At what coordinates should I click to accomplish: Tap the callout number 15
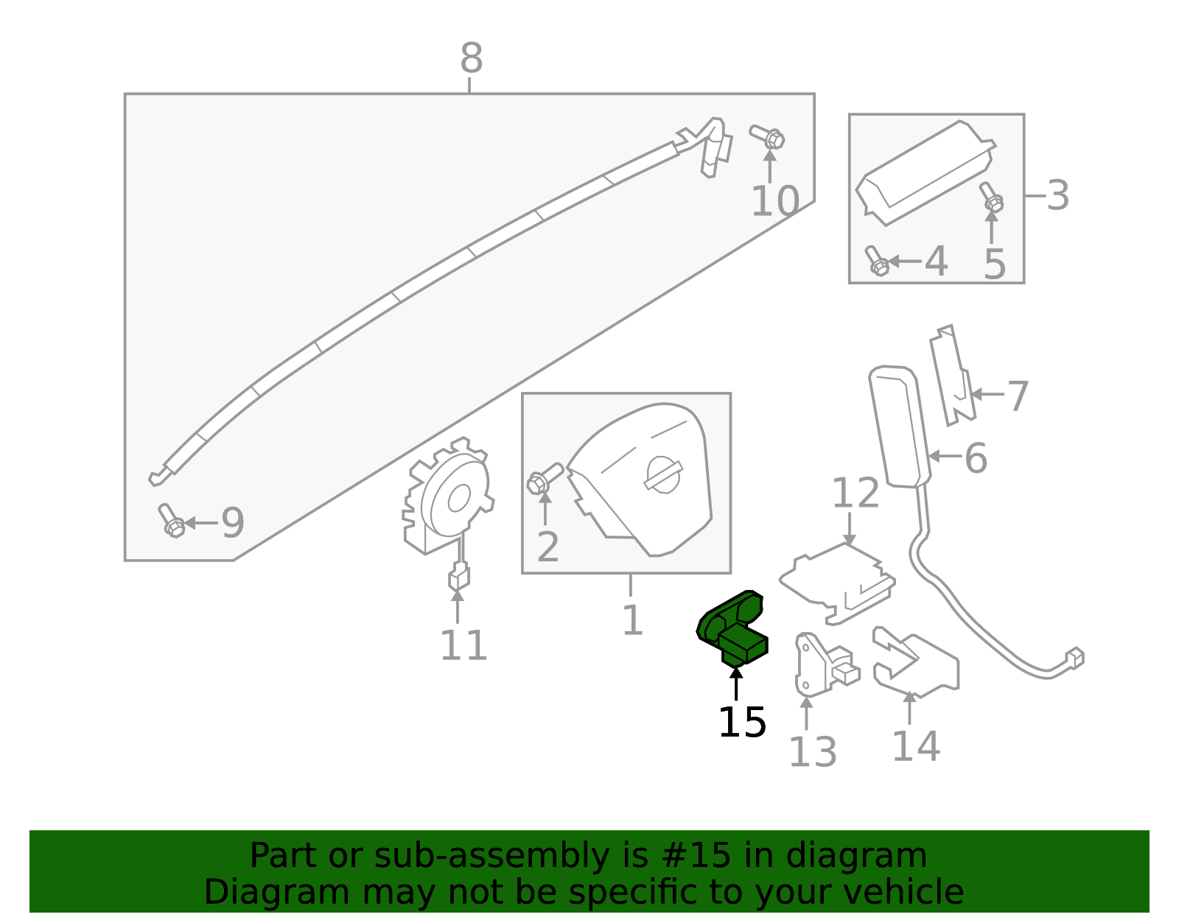(742, 723)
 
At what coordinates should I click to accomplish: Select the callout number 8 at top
(471, 59)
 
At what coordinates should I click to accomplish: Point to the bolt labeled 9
(171, 520)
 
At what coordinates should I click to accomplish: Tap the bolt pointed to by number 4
(876, 261)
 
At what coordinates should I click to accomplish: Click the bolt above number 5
(991, 197)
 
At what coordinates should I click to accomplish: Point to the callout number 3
(1058, 196)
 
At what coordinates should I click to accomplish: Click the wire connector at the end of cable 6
(1074, 657)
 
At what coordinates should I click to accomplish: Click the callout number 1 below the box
(632, 621)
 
